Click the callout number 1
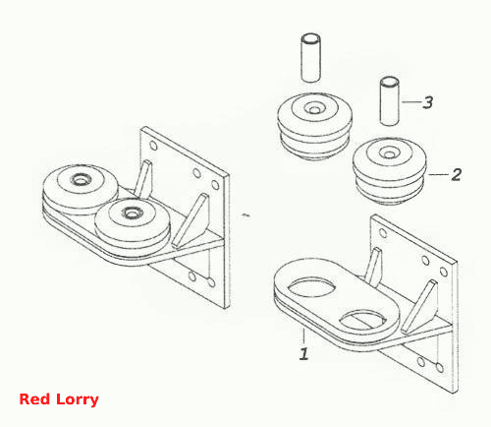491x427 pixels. tap(304, 353)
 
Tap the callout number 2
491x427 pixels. tap(456, 174)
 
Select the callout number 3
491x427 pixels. tap(428, 102)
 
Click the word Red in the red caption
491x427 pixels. tap(34, 399)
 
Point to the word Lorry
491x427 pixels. tap(78, 400)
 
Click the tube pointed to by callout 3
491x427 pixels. tap(389, 100)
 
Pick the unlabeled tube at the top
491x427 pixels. tap(310, 57)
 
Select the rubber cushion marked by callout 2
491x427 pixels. tap(390, 171)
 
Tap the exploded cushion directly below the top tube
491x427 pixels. tap(314, 127)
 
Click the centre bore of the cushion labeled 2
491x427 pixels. tap(389, 153)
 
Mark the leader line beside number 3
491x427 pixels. tap(411, 102)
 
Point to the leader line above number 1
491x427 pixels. tap(303, 335)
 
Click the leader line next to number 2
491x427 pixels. tap(439, 174)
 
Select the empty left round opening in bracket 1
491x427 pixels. tap(311, 287)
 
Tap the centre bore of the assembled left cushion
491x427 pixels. tap(80, 179)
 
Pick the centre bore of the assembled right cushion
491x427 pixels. tap(132, 213)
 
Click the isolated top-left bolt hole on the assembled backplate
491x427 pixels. tap(153, 146)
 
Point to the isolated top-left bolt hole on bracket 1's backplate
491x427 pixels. tap(382, 233)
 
